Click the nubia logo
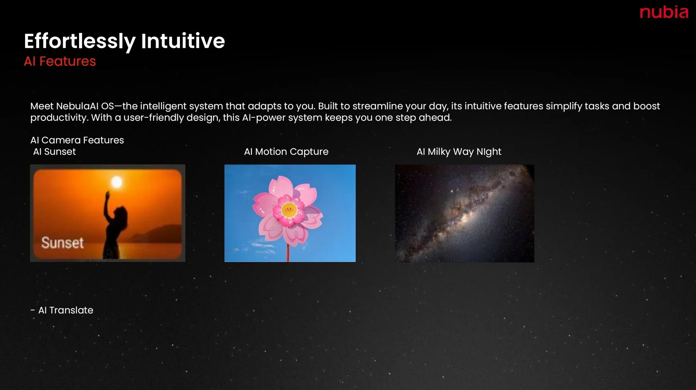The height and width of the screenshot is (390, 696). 664,13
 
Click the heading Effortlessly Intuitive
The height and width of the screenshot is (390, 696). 124,41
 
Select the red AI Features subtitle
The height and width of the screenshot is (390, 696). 60,61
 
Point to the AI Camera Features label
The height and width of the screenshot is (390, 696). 77,140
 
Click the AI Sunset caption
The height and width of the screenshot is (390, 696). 54,152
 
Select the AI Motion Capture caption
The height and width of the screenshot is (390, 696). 286,152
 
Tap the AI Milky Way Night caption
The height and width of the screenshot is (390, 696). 459,152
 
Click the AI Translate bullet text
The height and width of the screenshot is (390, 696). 66,310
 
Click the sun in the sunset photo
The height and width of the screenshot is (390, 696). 117,182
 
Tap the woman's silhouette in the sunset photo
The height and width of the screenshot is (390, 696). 114,225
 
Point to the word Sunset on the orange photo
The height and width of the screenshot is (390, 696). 63,243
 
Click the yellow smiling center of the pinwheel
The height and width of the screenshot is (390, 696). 289,210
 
